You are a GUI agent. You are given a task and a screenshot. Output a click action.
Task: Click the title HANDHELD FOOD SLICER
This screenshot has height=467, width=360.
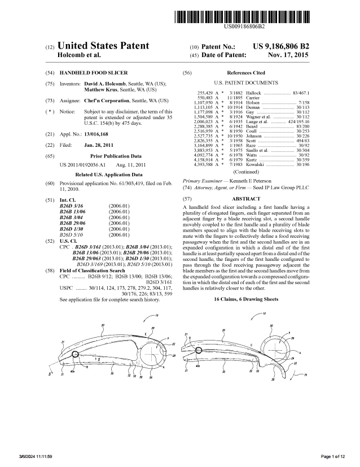(x=94, y=73)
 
